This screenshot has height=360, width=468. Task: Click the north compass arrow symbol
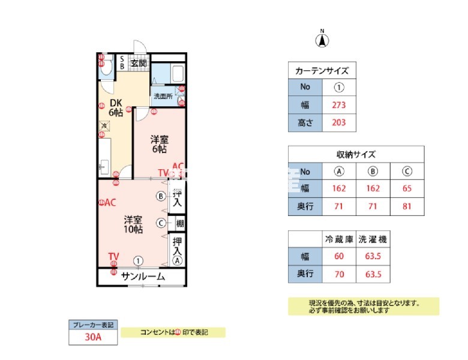[x=322, y=40]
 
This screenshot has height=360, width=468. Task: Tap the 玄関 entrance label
[x=139, y=62]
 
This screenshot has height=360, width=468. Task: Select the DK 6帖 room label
[x=116, y=107]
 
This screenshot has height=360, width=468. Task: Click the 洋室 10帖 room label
[x=133, y=224]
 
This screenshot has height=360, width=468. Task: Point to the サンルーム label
[x=143, y=277]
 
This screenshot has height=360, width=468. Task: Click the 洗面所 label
[x=162, y=96]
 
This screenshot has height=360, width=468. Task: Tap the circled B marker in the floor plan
[x=161, y=196]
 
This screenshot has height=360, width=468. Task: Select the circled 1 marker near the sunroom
[x=139, y=260]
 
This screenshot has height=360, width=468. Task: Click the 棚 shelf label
[x=179, y=223]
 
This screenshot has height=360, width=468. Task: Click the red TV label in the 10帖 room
[x=113, y=257]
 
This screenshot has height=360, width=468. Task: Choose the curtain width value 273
[x=339, y=105]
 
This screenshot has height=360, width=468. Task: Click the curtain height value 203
[x=339, y=124]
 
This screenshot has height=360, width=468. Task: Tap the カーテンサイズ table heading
[x=322, y=71]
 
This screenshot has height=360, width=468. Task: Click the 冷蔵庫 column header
[x=338, y=239]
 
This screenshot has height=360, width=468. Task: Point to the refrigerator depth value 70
[x=338, y=275]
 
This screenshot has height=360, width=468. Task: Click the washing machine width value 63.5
[x=372, y=257]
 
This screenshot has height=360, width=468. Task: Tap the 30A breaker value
[x=93, y=337]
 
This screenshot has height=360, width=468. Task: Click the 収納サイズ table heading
[x=356, y=154]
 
